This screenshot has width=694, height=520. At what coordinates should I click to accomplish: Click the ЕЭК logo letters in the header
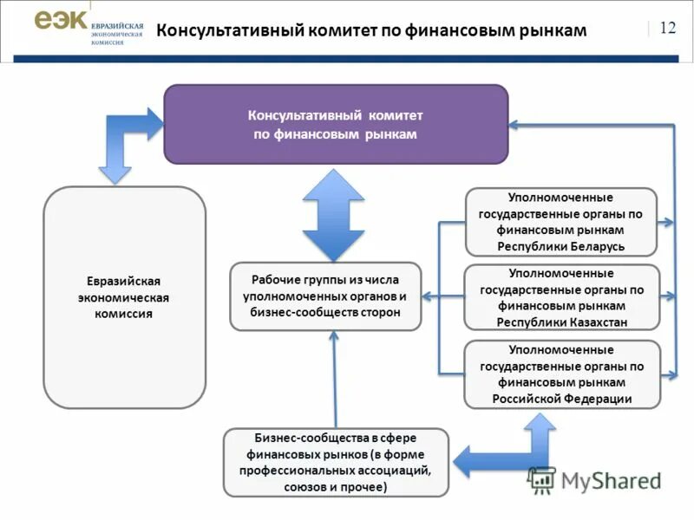pyautogui.click(x=60, y=23)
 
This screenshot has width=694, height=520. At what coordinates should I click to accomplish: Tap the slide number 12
pyautogui.click(x=667, y=28)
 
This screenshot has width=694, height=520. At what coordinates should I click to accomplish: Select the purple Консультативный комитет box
pyautogui.click(x=336, y=124)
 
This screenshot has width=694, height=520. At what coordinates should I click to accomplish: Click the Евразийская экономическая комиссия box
pyautogui.click(x=124, y=297)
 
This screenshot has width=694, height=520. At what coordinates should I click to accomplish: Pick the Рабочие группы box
pyautogui.click(x=325, y=296)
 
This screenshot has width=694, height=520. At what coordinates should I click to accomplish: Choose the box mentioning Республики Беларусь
pyautogui.click(x=561, y=222)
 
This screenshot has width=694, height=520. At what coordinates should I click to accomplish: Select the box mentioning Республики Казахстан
pyautogui.click(x=561, y=297)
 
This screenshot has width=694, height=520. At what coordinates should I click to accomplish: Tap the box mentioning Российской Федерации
pyautogui.click(x=561, y=374)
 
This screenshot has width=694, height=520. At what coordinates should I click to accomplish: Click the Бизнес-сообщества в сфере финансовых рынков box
pyautogui.click(x=336, y=462)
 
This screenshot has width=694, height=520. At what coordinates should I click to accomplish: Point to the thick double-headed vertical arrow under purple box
pyautogui.click(x=333, y=215)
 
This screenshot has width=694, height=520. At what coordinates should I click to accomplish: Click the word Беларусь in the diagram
pyautogui.click(x=598, y=246)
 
